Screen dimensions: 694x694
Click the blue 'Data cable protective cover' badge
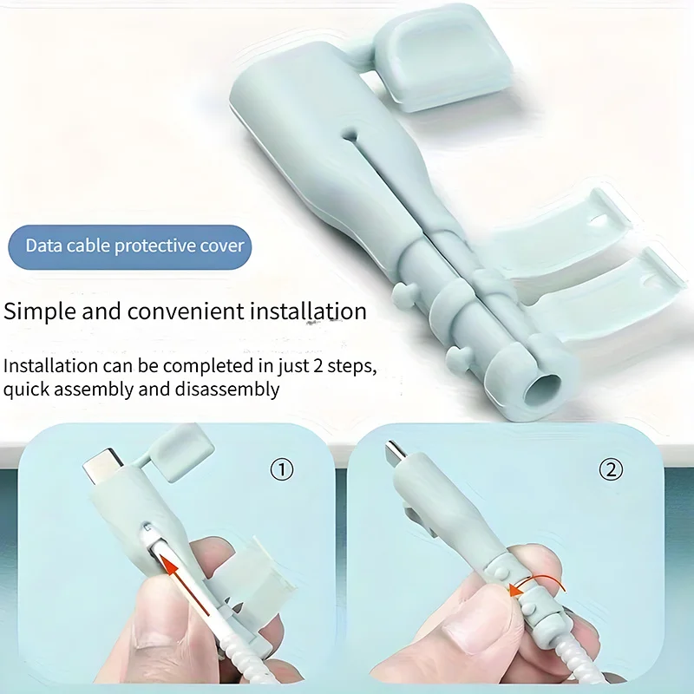[134, 246]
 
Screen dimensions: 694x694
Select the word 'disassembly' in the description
[232, 389]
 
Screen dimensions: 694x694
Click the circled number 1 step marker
[282, 469]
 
